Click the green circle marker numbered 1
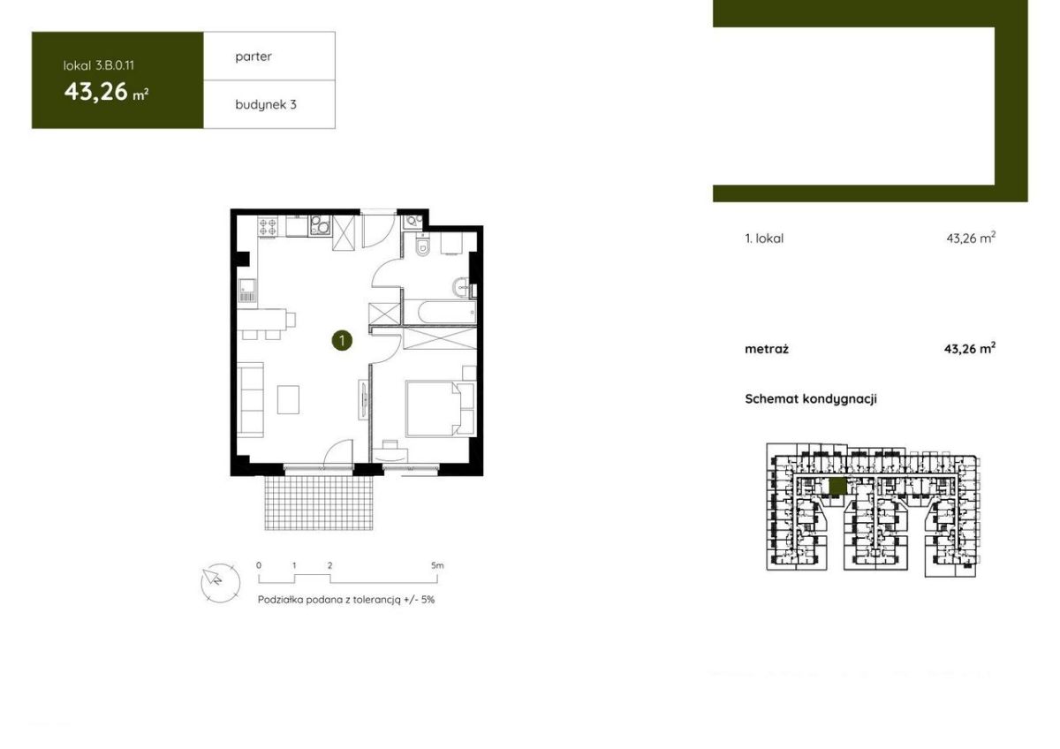[342, 340]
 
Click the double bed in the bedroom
[433, 408]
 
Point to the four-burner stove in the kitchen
[268, 227]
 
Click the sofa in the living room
[250, 399]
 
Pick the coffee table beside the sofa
[288, 400]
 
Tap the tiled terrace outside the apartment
[319, 503]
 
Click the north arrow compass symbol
[220, 584]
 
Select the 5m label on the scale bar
[437, 565]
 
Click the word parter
[254, 57]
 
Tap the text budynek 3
[266, 104]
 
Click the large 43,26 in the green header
[96, 92]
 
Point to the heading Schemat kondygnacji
[811, 399]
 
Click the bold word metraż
[767, 349]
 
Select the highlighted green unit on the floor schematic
[838, 486]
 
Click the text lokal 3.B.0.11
[99, 65]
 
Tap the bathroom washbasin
[460, 287]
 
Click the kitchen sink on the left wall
[247, 291]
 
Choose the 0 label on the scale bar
[259, 565]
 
